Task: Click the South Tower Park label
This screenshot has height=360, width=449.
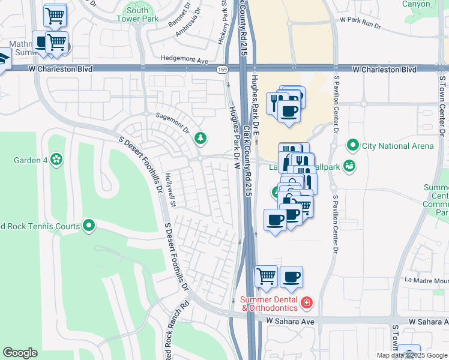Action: pos(137,14)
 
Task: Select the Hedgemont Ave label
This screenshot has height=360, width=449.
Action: pos(184,60)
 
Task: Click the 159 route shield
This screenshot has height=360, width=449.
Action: pos(222,70)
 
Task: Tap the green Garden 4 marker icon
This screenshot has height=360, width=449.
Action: pos(56,160)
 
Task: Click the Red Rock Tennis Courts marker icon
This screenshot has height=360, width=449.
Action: pos(89,226)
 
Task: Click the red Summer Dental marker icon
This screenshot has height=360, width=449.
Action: pos(307,302)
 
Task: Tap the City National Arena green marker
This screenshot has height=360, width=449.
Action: pos(352,146)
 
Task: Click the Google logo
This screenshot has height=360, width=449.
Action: pos(20,352)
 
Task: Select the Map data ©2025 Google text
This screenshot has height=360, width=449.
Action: pos(411,355)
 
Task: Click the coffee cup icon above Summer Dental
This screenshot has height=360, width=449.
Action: pos(292,277)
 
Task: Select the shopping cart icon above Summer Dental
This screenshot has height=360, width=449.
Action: pos(266,277)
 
